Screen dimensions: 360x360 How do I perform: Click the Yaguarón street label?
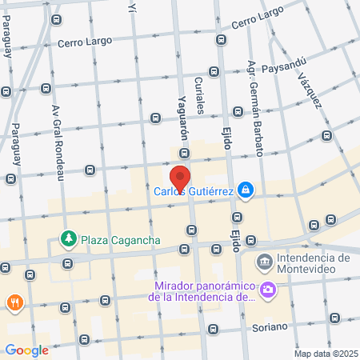(182, 111)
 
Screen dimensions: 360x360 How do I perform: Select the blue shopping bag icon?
(247, 190)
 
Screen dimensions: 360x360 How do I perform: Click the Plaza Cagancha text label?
(122, 239)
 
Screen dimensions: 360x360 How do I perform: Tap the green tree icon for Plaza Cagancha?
(70, 239)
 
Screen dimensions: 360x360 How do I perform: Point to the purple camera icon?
(268, 291)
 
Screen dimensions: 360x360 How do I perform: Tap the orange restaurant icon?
(14, 302)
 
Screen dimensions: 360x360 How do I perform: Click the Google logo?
(26, 350)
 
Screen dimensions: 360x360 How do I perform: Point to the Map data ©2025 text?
(325, 354)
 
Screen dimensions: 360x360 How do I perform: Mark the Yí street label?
(131, 6)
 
